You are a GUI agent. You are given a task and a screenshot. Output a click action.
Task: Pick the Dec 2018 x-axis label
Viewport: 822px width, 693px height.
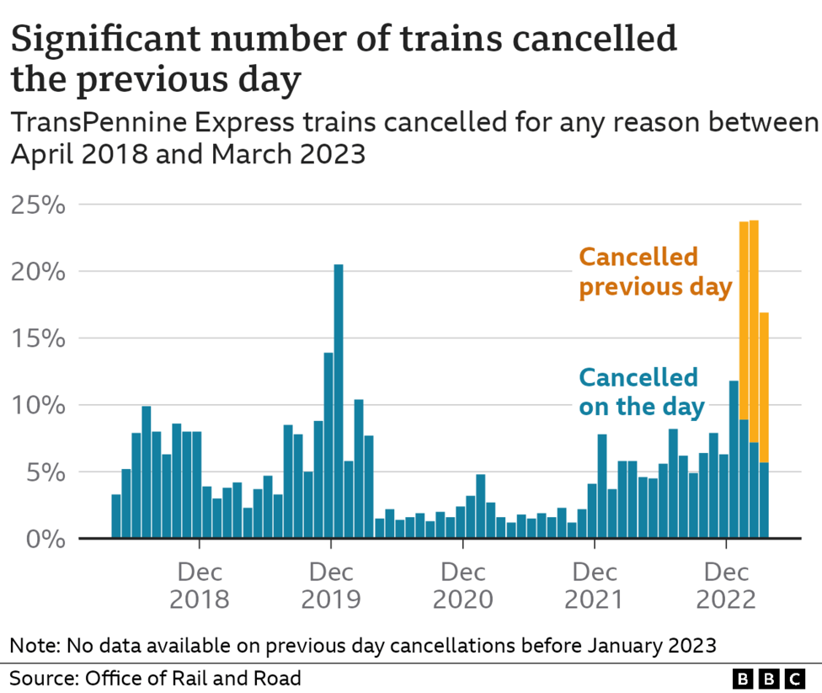click(x=200, y=586)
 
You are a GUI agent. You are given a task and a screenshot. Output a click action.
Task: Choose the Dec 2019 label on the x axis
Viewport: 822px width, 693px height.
click(x=331, y=586)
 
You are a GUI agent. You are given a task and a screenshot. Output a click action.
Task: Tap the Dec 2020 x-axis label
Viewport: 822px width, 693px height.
click(x=462, y=586)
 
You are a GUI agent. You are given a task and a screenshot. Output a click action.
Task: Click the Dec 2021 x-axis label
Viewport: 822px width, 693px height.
click(x=595, y=586)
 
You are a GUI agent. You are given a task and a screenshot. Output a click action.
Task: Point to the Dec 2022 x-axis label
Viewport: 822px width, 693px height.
click(x=726, y=586)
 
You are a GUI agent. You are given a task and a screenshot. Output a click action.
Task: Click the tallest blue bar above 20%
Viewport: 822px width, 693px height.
click(x=339, y=400)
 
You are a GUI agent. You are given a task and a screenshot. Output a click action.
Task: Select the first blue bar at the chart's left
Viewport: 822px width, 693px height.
click(x=116, y=516)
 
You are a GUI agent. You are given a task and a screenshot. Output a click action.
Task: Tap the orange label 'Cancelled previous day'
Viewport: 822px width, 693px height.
click(x=654, y=271)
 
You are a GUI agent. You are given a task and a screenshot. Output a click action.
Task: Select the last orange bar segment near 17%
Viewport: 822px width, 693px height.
click(x=764, y=387)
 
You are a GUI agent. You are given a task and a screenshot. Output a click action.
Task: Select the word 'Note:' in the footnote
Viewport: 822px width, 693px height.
click(x=32, y=646)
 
